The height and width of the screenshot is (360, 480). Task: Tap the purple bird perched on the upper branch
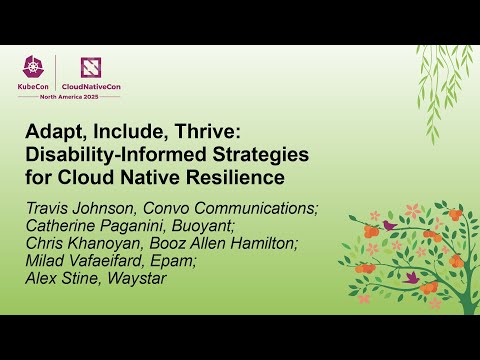coord(389,225)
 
